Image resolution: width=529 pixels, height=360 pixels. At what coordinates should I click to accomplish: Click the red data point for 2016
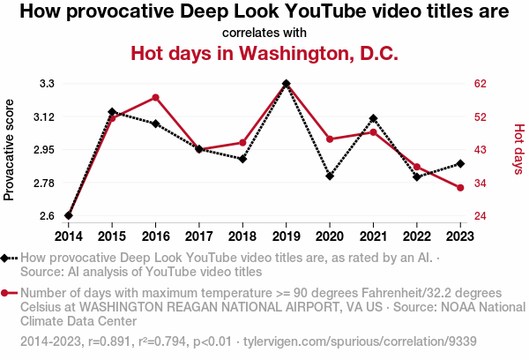[155, 97]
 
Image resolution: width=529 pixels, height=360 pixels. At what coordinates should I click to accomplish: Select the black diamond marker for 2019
[287, 84]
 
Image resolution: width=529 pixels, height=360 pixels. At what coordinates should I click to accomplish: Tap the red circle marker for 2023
[460, 188]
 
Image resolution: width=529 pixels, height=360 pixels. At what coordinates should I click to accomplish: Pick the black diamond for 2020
[330, 176]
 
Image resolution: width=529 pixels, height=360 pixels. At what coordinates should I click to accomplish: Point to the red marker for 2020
[330, 139]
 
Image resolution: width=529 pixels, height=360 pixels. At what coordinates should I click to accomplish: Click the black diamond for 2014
[69, 215]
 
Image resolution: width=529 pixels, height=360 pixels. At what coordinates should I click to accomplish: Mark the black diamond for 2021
[374, 118]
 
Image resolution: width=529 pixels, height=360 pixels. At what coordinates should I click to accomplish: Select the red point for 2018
[242, 142]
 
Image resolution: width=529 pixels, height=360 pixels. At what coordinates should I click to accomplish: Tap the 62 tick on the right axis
[481, 84]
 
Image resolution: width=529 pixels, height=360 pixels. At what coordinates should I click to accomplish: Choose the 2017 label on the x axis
[199, 236]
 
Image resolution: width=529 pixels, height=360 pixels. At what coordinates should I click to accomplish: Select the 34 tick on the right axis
[481, 183]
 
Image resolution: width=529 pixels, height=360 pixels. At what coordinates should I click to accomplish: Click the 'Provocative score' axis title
[10, 150]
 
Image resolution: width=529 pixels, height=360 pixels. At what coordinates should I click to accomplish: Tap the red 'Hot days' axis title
[518, 148]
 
